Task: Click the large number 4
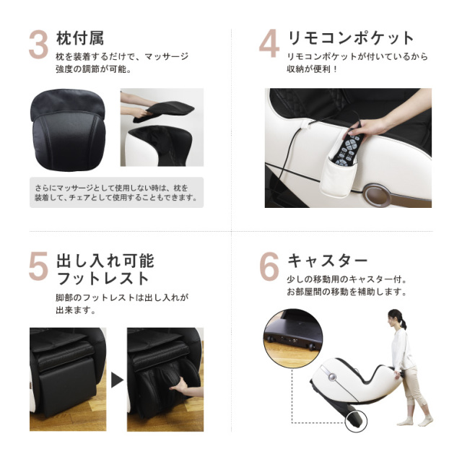click(269, 44)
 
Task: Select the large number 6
click(269, 266)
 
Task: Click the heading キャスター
click(328, 259)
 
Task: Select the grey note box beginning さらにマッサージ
click(116, 192)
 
